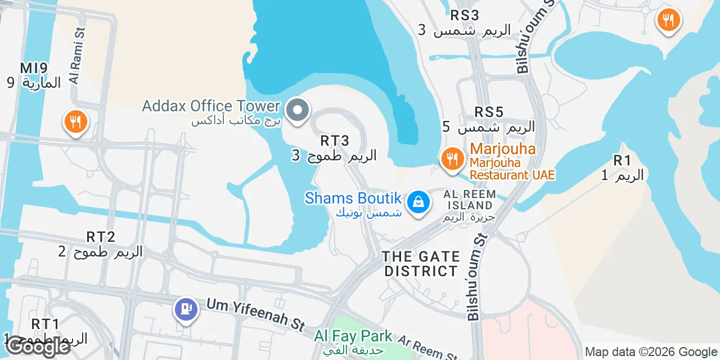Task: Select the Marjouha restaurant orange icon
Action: (x=452, y=158)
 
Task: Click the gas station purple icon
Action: (x=186, y=309)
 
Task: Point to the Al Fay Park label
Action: (x=353, y=336)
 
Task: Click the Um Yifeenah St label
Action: (x=255, y=313)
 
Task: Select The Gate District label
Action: (x=420, y=264)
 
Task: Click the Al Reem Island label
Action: (x=470, y=200)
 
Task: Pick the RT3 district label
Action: (x=335, y=141)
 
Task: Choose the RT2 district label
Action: (x=101, y=237)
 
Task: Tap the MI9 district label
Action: (x=34, y=68)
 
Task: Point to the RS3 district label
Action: (x=464, y=15)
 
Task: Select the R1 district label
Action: (x=622, y=160)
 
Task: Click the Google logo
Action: (x=38, y=346)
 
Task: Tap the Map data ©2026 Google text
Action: (x=651, y=352)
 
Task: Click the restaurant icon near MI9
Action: (x=75, y=121)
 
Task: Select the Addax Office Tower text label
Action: (x=211, y=106)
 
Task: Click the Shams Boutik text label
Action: (x=353, y=198)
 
